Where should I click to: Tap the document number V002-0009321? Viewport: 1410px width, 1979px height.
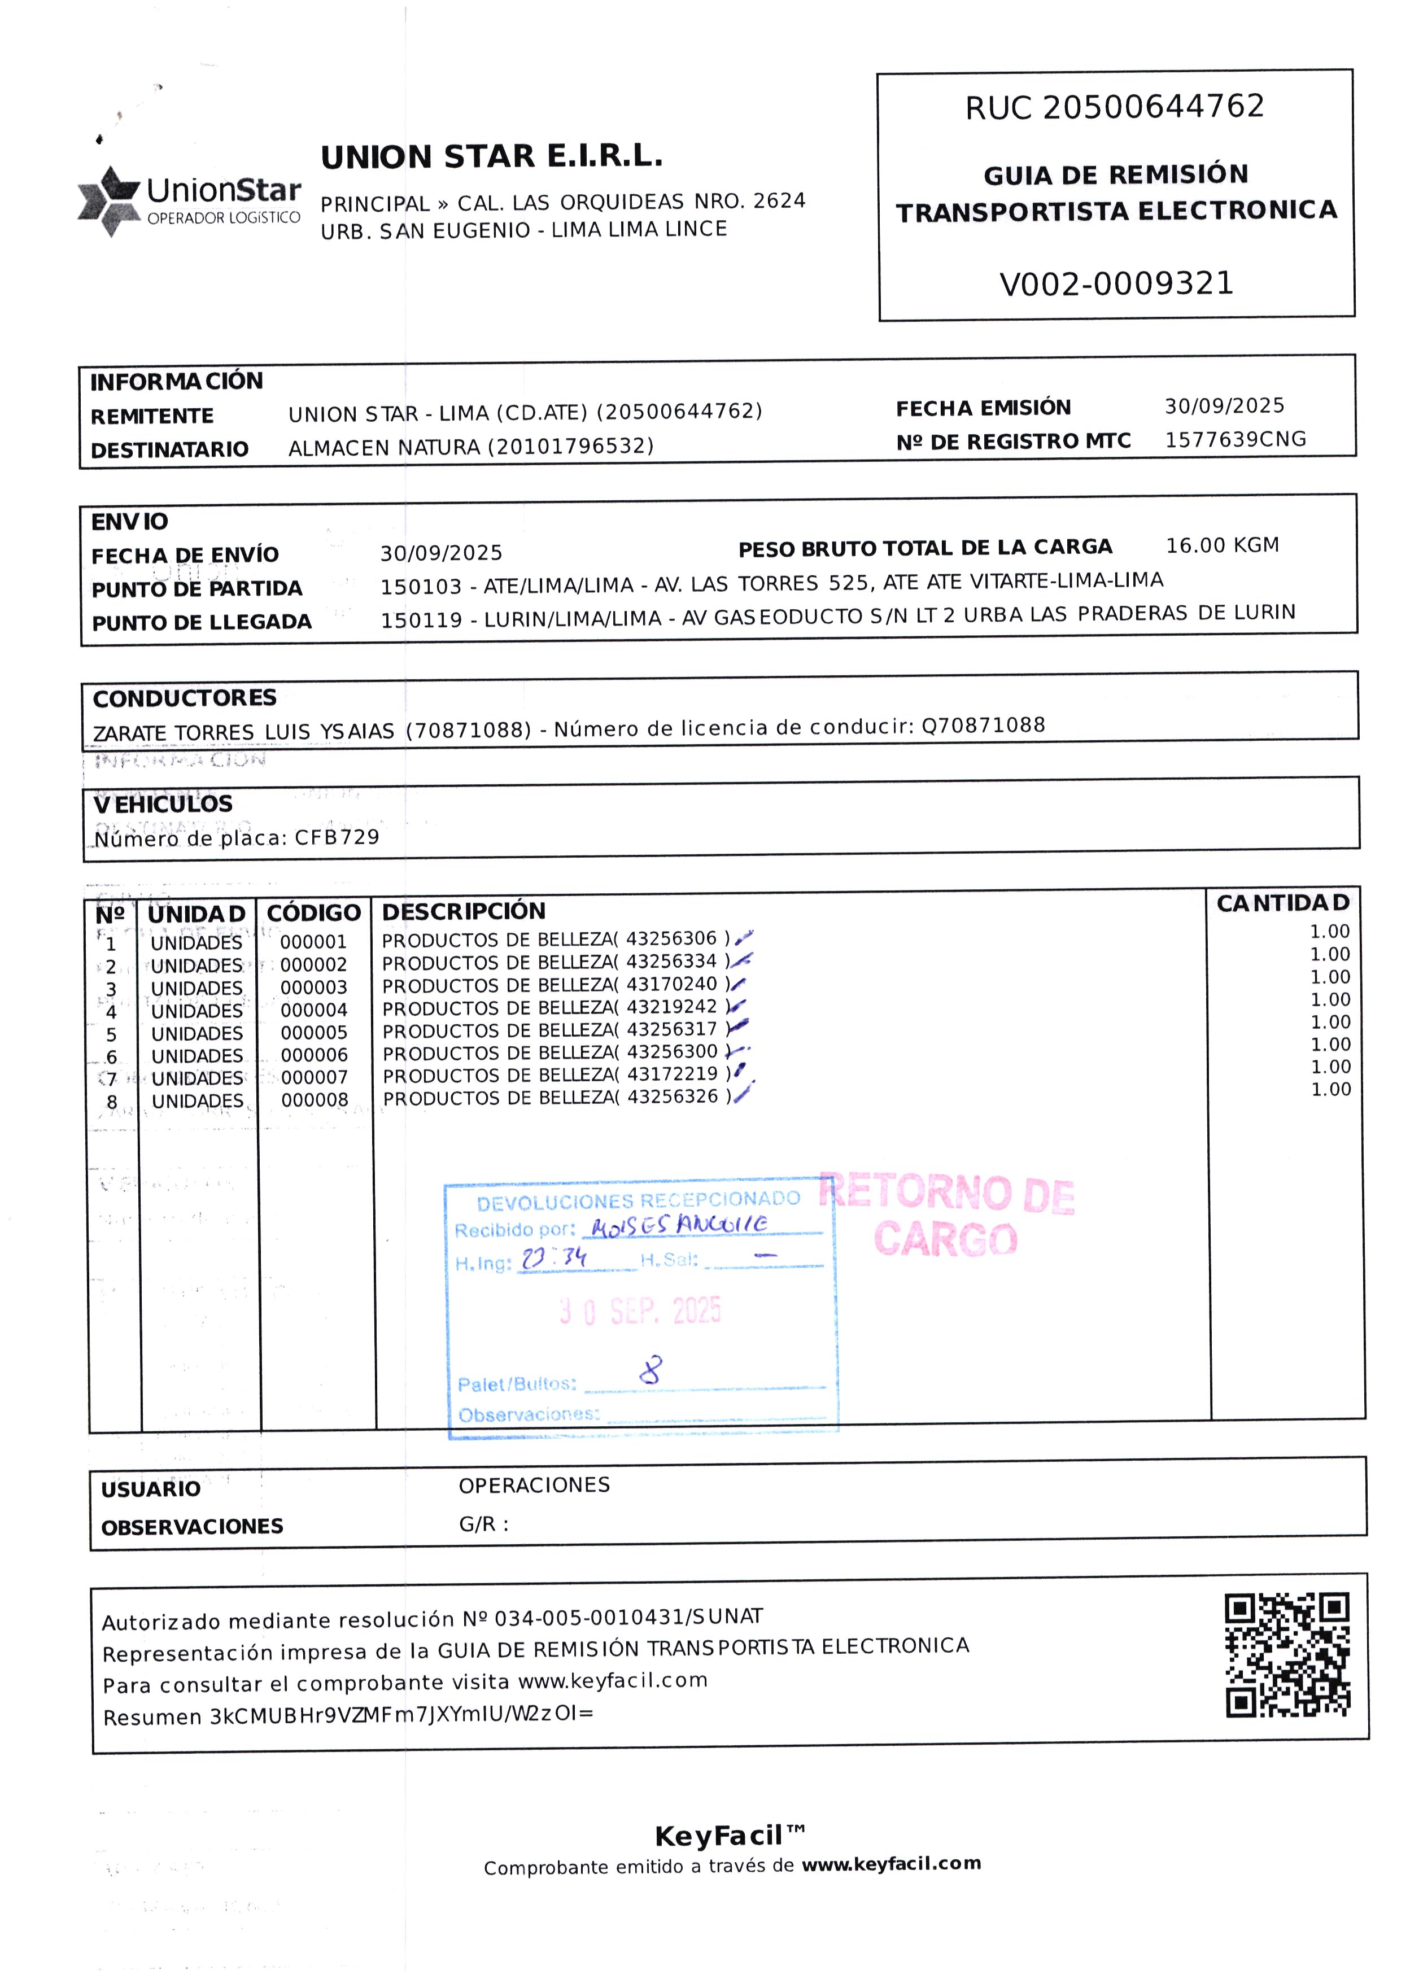1116,284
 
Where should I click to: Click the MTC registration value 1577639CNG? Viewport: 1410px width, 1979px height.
1234,439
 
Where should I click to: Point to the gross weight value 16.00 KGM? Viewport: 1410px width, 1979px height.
1221,545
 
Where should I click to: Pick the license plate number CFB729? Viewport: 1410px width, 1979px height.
337,837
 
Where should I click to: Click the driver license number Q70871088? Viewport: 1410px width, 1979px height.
983,726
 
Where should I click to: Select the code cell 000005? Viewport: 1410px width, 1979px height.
313,1033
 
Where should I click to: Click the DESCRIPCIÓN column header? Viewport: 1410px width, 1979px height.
464,911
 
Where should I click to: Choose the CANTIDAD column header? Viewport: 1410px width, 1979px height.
1282,903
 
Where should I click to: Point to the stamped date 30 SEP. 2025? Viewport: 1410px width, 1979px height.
641,1310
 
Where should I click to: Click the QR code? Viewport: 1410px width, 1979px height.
1287,1655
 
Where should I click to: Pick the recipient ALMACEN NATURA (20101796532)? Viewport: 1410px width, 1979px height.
470,447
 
